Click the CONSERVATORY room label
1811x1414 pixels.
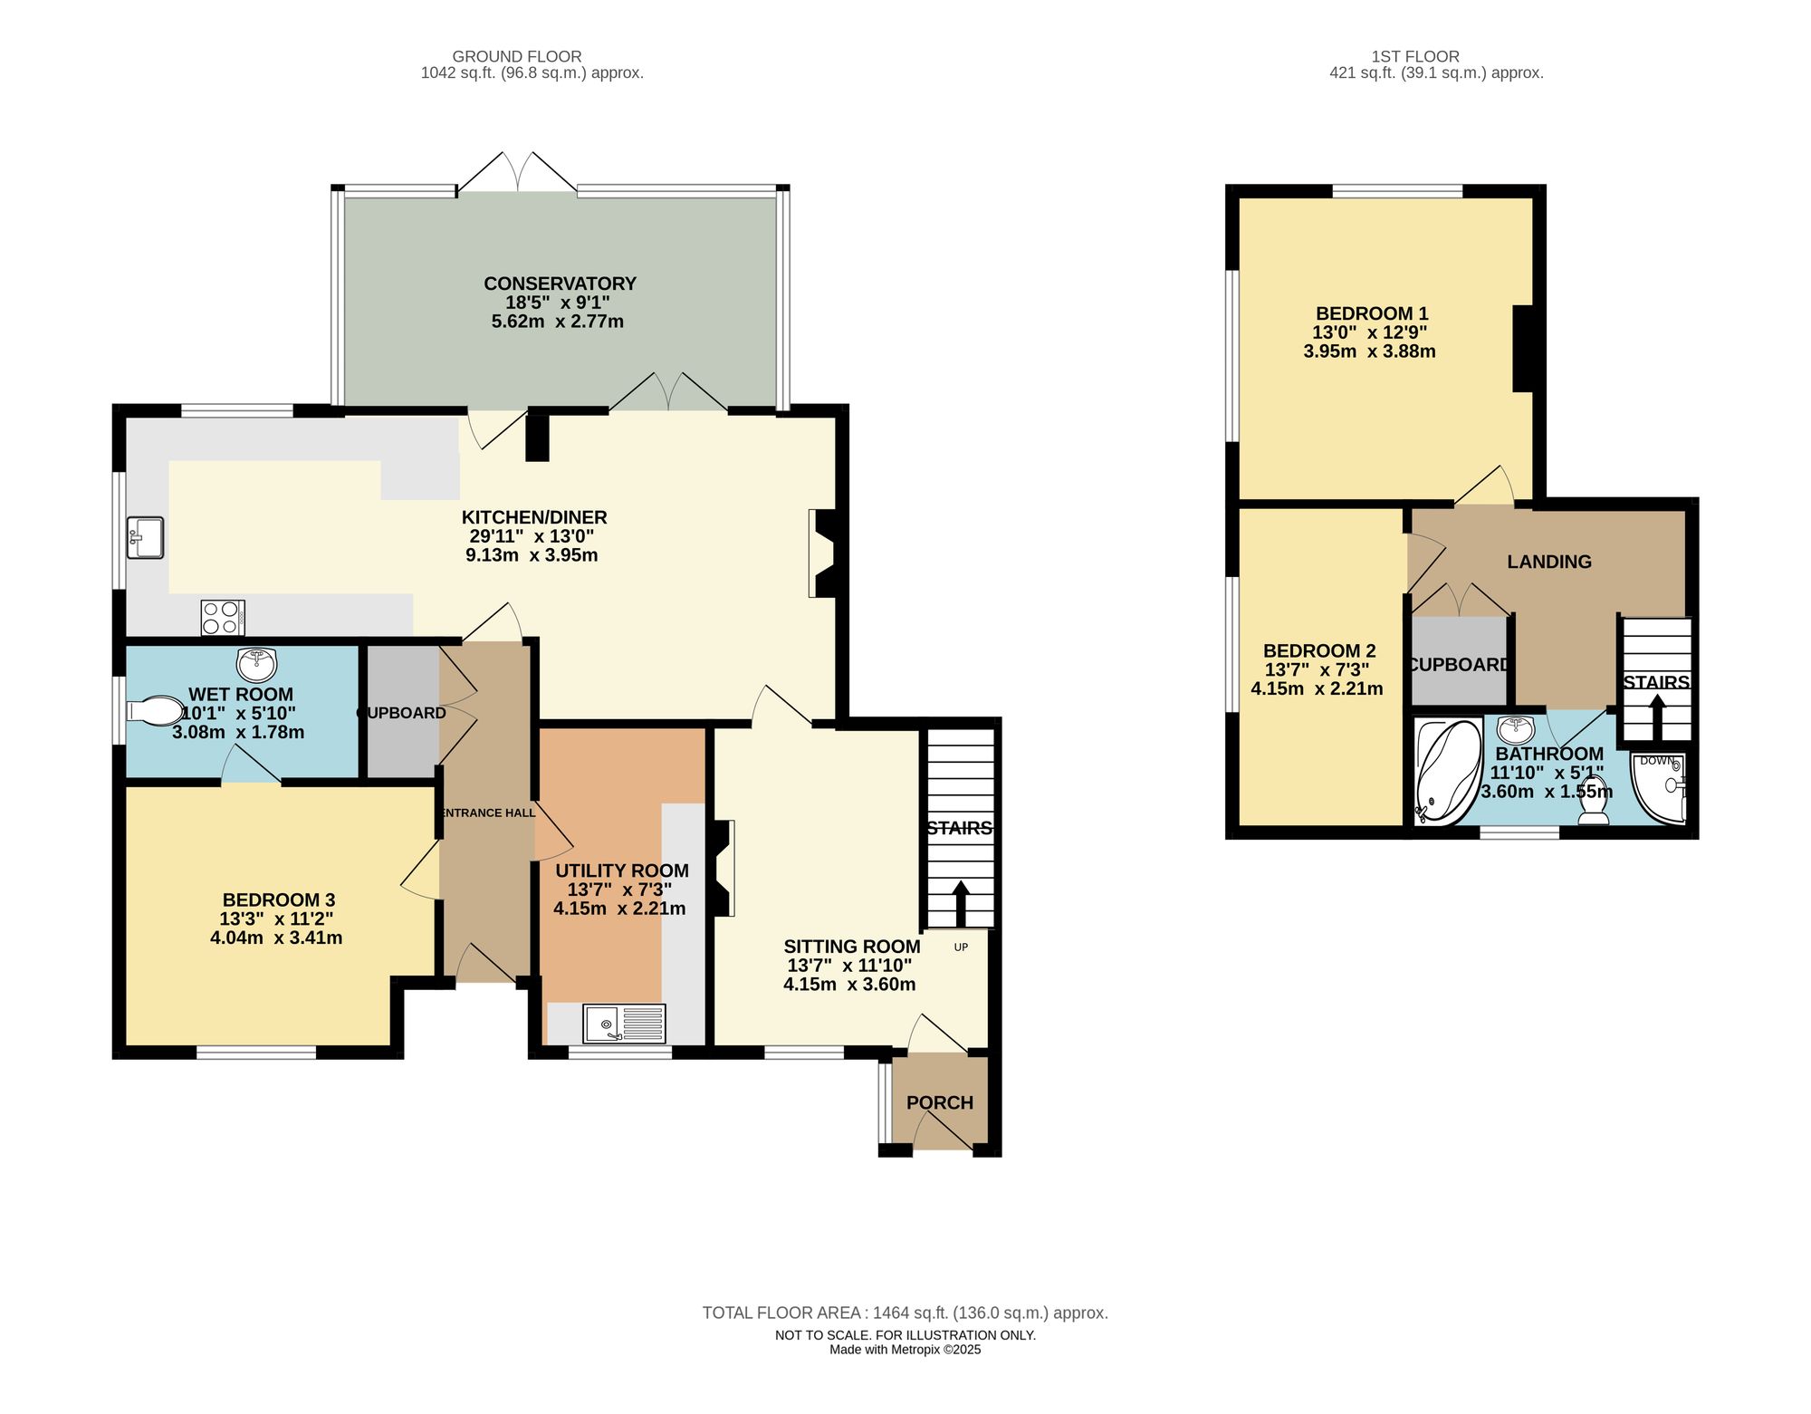(x=560, y=284)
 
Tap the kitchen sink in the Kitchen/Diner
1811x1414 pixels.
(x=145, y=537)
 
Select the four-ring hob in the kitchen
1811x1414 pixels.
(x=222, y=618)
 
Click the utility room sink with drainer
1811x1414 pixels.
(x=624, y=1024)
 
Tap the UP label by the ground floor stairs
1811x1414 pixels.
(x=961, y=947)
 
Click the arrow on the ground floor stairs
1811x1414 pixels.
(x=961, y=901)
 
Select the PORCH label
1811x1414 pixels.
(x=940, y=1102)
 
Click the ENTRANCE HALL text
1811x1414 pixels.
(x=488, y=813)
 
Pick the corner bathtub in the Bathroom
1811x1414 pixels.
(x=1446, y=771)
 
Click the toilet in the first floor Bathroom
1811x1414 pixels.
(x=1593, y=800)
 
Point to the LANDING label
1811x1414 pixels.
(x=1548, y=562)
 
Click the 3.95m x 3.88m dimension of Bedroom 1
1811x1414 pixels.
(x=1369, y=351)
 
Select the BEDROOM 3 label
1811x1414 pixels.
(x=279, y=899)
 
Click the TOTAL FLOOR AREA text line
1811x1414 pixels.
(x=905, y=1313)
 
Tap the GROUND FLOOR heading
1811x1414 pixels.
(x=517, y=56)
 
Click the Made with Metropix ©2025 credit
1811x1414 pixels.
(x=905, y=1350)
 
